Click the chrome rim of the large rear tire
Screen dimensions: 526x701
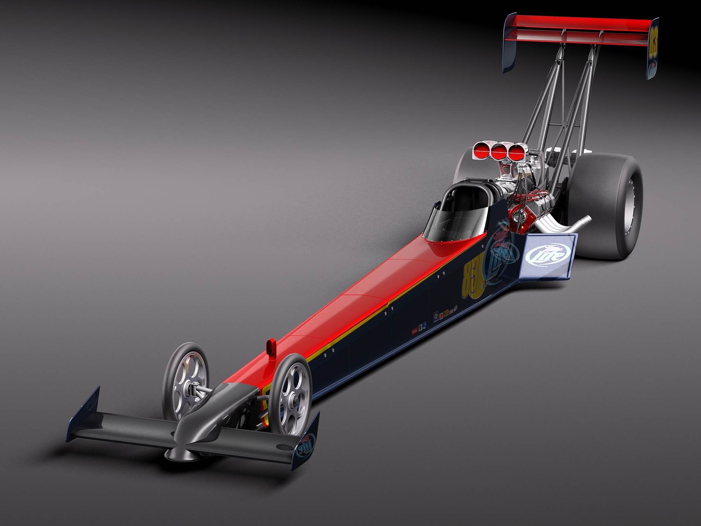[633, 205]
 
